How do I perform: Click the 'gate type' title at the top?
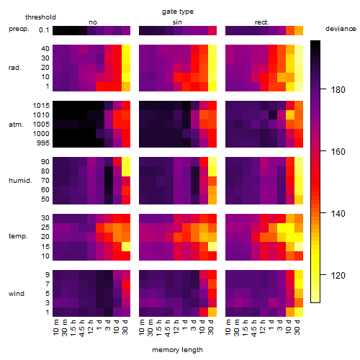click(x=178, y=12)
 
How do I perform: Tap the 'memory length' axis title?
click(x=177, y=350)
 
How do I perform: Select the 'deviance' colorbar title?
click(x=341, y=29)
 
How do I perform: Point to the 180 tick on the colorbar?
click(x=323, y=89)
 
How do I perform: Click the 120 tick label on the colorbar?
click(x=338, y=276)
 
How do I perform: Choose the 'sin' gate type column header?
click(x=177, y=22)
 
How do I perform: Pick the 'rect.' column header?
click(x=261, y=22)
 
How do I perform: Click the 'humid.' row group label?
click(x=20, y=181)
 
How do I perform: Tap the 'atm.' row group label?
click(x=16, y=125)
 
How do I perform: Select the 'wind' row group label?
click(x=17, y=294)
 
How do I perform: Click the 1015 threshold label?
click(x=41, y=106)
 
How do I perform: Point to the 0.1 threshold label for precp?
click(x=44, y=30)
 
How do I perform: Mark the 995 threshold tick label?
click(x=43, y=143)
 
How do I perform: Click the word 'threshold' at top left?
click(x=40, y=17)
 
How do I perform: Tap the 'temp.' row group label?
click(x=18, y=236)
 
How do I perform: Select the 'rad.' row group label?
click(x=15, y=68)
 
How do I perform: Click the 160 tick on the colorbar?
click(x=323, y=151)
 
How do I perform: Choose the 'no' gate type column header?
click(x=93, y=22)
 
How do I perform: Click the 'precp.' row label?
click(x=19, y=30)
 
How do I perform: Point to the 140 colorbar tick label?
click(x=338, y=214)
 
